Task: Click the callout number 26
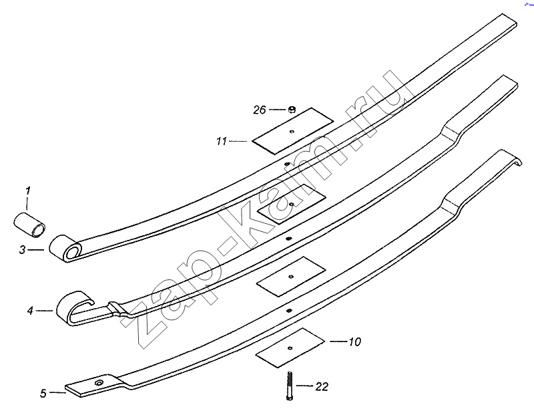(x=259, y=110)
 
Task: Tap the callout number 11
(x=222, y=141)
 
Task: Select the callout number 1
(x=28, y=190)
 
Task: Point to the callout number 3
(x=23, y=250)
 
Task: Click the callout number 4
(x=30, y=311)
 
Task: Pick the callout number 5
(x=43, y=393)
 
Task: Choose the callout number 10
(x=354, y=341)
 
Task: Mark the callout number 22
(x=322, y=387)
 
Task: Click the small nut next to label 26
(x=292, y=110)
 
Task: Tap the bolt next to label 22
(x=290, y=386)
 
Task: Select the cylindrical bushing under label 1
(x=29, y=224)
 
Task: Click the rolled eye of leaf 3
(x=65, y=248)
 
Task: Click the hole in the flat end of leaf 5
(x=99, y=382)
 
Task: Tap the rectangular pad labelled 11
(x=293, y=131)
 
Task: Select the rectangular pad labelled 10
(x=290, y=348)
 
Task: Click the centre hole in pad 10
(x=290, y=348)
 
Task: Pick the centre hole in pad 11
(x=292, y=132)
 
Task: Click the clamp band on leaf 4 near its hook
(x=117, y=308)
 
